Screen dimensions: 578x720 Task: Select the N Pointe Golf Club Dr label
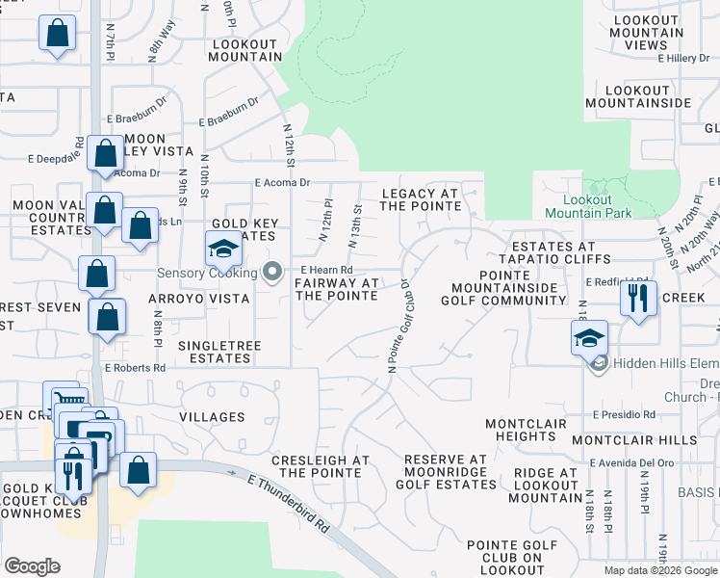click(398, 328)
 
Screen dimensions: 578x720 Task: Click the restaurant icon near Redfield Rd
click(638, 298)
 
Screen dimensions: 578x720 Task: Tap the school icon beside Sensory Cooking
click(223, 250)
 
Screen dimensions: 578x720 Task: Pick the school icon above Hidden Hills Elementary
click(589, 338)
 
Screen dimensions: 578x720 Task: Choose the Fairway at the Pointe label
click(336, 289)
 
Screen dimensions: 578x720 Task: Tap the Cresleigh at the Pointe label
click(321, 466)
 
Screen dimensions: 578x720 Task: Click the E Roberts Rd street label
click(136, 368)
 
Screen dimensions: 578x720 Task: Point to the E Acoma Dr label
click(282, 182)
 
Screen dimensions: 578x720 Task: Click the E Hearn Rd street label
click(326, 271)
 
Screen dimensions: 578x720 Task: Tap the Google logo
click(32, 566)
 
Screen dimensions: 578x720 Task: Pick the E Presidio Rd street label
click(624, 415)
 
